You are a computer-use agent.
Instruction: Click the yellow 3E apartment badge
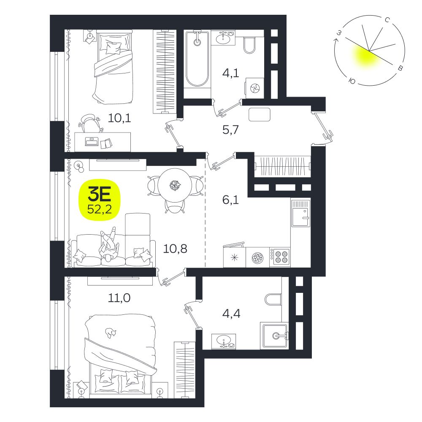[99, 200]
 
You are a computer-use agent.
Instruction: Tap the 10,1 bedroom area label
[119, 118]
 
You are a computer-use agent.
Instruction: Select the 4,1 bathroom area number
[231, 73]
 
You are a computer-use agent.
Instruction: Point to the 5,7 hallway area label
[231, 130]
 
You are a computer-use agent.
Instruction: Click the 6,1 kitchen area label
[231, 200]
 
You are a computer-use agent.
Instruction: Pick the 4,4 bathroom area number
[231, 314]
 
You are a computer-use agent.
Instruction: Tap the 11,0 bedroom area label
[119, 298]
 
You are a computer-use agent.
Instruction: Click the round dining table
[175, 185]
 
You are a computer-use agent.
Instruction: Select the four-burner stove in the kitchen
[280, 257]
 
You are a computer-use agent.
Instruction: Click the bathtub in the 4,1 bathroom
[197, 59]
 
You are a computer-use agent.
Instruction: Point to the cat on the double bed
[111, 333]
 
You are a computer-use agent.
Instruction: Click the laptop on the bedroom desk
[92, 141]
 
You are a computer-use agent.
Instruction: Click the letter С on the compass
[387, 20]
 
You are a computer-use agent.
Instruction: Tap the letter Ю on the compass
[352, 81]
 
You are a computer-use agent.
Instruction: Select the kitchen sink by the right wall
[300, 213]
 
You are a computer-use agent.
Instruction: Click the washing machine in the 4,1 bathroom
[254, 88]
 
